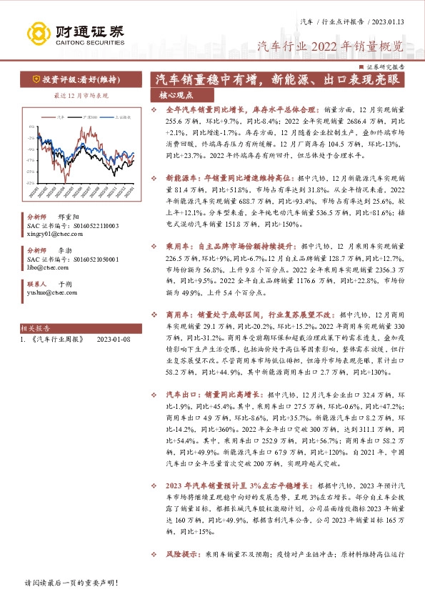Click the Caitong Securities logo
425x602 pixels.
[75, 33]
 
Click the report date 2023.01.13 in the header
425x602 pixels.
[389, 22]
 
